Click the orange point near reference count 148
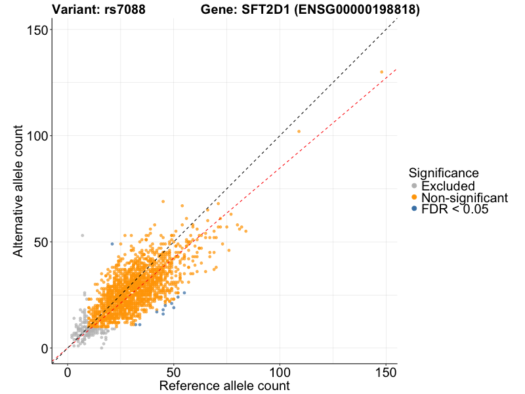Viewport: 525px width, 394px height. tap(381, 72)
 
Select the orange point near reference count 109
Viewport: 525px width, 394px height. tap(299, 131)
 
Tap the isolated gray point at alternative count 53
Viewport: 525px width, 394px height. tap(83, 235)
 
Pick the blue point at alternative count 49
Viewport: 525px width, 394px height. tap(112, 244)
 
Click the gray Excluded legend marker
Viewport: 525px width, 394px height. tap(413, 186)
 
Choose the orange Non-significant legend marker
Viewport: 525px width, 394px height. tap(413, 198)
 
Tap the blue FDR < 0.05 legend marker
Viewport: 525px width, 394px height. tap(413, 209)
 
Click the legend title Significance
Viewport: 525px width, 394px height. tap(443, 173)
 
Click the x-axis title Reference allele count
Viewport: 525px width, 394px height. tap(224, 385)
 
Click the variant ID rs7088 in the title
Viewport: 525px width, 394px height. tap(125, 9)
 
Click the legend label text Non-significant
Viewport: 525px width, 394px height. tap(465, 198)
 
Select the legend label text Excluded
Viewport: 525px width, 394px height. tap(448, 186)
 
